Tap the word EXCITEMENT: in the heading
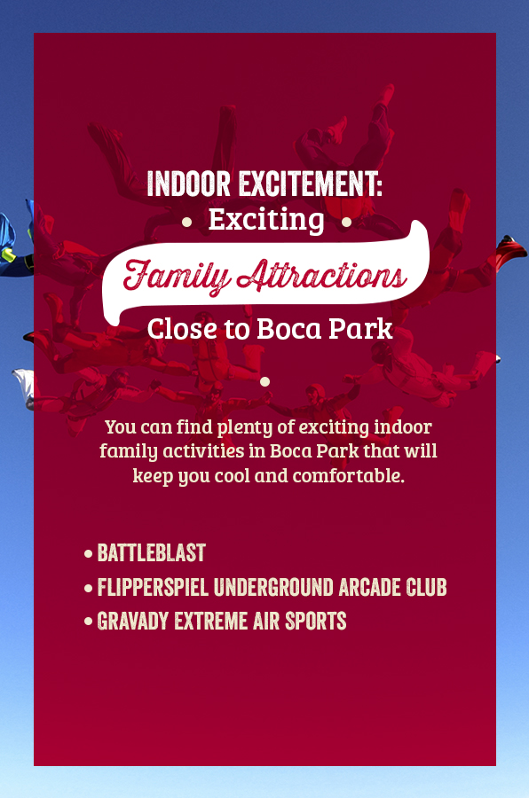311,184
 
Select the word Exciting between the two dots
266,221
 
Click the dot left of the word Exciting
186,222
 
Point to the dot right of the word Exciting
346,222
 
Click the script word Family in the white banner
176,276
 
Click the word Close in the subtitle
181,329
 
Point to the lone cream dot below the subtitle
265,381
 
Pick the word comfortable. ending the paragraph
349,475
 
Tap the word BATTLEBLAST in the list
152,552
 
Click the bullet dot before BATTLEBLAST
89,553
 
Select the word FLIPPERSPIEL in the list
153,587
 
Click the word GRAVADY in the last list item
132,621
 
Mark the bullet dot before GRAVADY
89,622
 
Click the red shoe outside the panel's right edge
511,250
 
